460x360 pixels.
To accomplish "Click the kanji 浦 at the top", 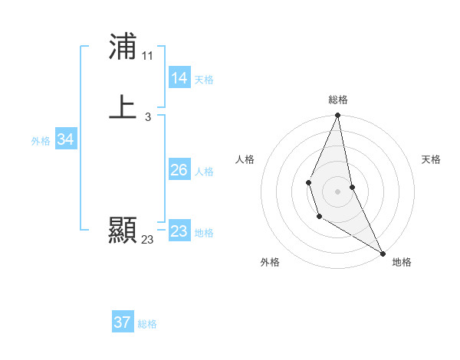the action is click(x=123, y=47).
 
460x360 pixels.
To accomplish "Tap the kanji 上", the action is click(x=123, y=107).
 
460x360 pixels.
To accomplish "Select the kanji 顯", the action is click(x=123, y=230).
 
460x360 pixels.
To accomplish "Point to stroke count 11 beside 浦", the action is click(x=147, y=56).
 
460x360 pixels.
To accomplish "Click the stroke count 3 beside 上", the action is click(x=147, y=116).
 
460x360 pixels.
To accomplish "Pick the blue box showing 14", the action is click(x=179, y=78).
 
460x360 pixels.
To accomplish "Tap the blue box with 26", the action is click(x=179, y=170).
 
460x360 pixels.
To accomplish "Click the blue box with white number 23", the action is click(x=179, y=231).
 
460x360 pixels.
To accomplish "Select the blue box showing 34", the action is click(x=66, y=139).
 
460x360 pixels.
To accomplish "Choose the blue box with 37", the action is click(x=123, y=322).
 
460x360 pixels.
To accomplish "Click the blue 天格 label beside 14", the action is click(x=204, y=80).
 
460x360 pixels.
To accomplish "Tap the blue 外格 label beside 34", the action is click(x=41, y=141).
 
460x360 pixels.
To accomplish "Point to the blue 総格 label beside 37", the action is click(x=147, y=324).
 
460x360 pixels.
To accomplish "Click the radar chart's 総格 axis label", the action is click(x=338, y=100).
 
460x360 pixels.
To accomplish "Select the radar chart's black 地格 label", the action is click(x=402, y=262).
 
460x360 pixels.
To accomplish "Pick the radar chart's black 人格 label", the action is click(x=245, y=159).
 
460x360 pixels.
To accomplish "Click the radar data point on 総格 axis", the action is click(x=338, y=116).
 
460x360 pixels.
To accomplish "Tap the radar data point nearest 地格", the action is click(x=383, y=253).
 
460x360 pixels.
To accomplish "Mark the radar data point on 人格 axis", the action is click(x=308, y=182).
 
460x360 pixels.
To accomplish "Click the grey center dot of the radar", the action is click(x=338, y=191).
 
